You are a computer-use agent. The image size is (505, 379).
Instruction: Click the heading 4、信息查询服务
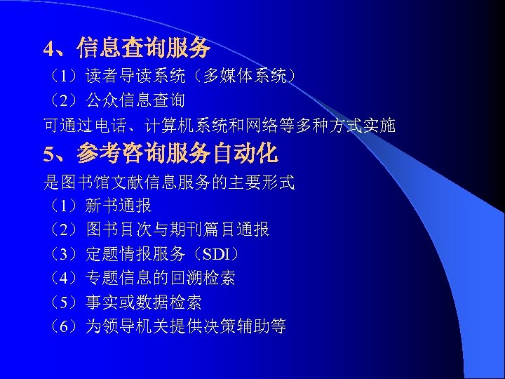[127, 48]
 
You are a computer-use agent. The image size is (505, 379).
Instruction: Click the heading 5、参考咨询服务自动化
[161, 153]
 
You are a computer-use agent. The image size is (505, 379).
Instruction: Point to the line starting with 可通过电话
[220, 126]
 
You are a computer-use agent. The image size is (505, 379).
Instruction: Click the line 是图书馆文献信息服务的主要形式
[169, 183]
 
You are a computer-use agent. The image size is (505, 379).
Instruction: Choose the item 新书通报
[119, 206]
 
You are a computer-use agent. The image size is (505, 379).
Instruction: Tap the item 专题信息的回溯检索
[161, 278]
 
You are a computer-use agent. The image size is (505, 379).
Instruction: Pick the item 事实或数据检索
[144, 302]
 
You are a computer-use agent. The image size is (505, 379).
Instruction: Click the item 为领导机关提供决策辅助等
[186, 326]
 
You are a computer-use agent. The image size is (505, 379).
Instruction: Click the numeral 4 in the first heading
[48, 48]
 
